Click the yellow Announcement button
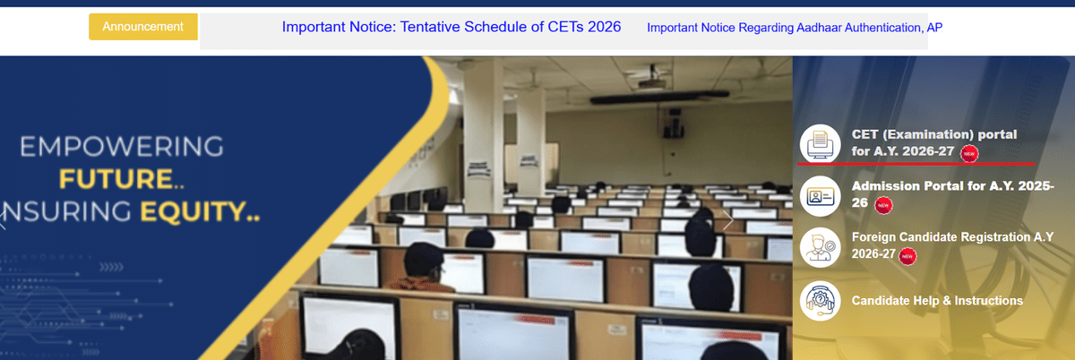(143, 27)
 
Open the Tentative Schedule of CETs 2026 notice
(451, 27)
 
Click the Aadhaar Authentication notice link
(794, 28)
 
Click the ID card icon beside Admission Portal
(820, 196)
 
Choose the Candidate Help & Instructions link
(937, 301)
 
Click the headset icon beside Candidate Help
(820, 301)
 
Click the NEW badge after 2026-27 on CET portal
(969, 153)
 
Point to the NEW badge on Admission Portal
(884, 205)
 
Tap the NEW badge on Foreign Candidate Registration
(907, 256)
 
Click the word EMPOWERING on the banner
(121, 146)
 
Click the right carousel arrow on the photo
(728, 219)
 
